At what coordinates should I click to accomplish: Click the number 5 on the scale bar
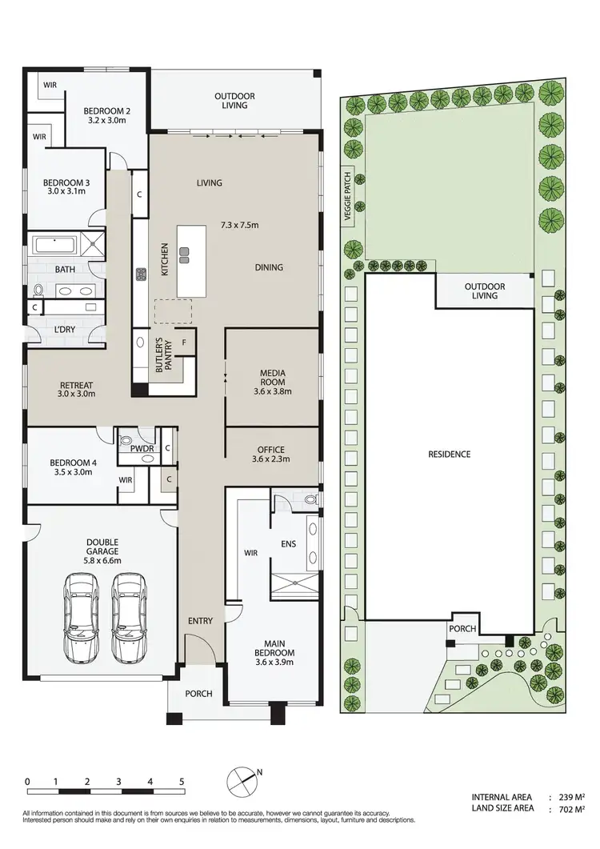[x=181, y=781]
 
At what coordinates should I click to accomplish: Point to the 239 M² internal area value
[x=570, y=797]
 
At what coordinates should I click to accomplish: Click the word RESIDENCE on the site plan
[x=449, y=454]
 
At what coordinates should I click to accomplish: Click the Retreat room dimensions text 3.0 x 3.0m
[x=76, y=394]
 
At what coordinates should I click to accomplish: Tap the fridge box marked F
[x=185, y=342]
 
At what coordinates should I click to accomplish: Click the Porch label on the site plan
[x=463, y=630]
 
